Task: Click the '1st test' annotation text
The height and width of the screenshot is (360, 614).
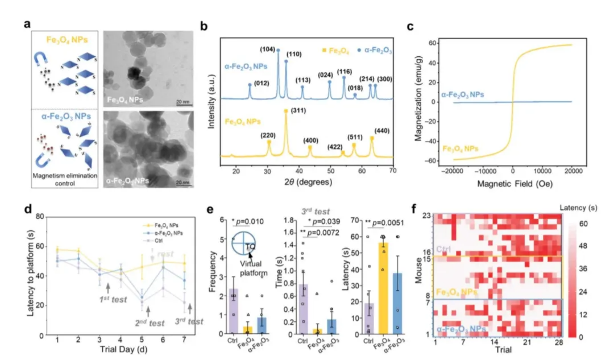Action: pos(108,299)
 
